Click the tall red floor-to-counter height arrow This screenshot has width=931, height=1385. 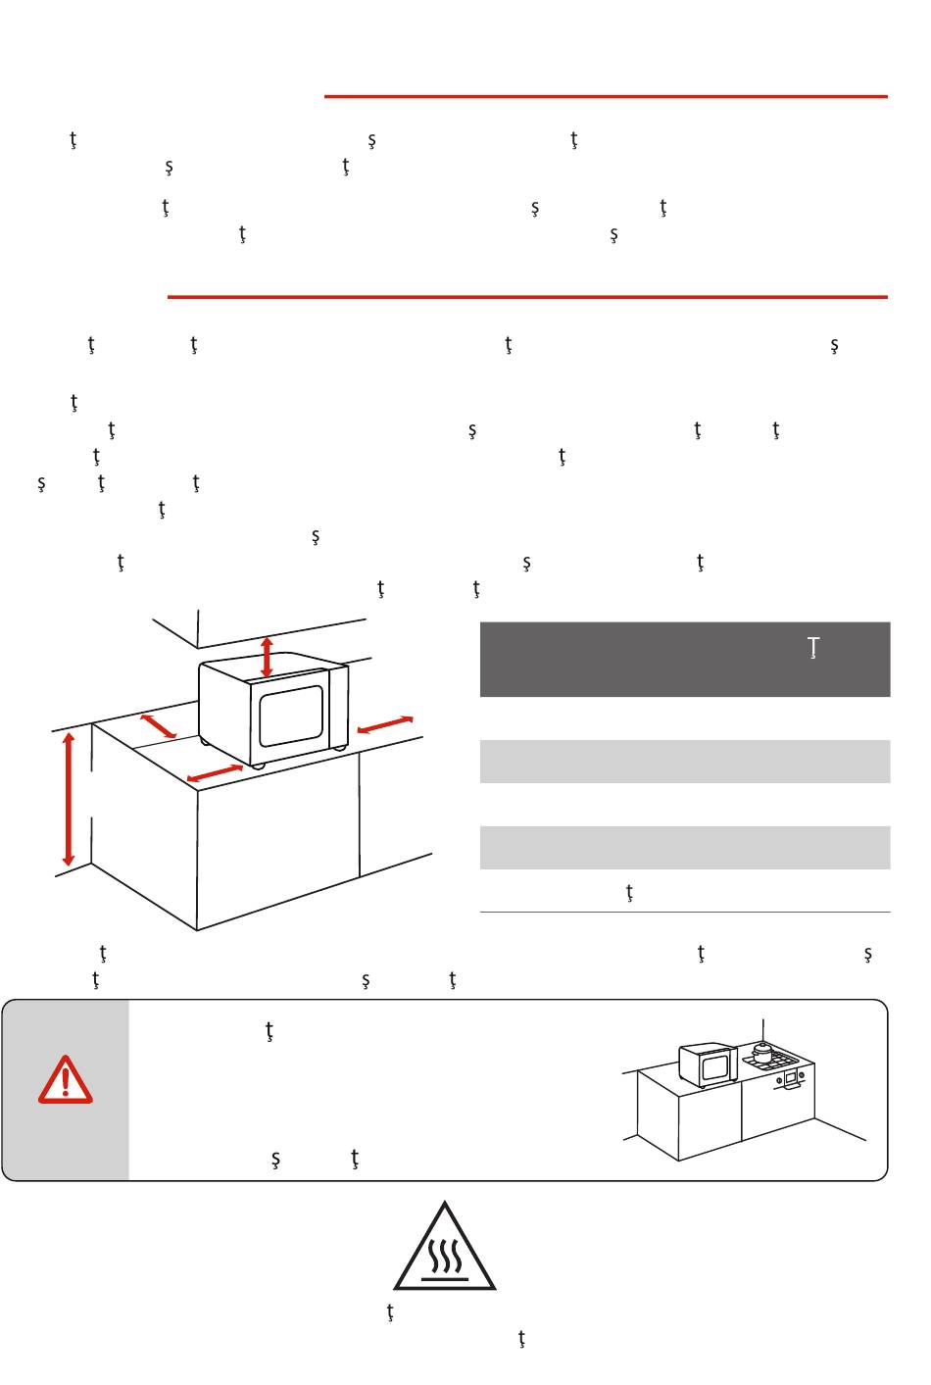(x=69, y=799)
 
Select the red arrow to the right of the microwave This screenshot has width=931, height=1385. (x=385, y=725)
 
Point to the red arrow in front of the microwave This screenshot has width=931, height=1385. (x=215, y=773)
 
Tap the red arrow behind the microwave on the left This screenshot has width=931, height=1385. (x=159, y=726)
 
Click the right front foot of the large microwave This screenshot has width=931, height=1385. (x=339, y=749)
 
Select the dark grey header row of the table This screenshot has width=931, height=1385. (x=684, y=659)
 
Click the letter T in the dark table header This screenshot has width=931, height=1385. (x=812, y=648)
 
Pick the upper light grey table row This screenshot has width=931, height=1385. (x=684, y=762)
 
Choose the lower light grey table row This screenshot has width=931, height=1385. (x=684, y=848)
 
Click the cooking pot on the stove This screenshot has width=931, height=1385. (x=762, y=1053)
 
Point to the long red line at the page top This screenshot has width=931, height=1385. (x=606, y=97)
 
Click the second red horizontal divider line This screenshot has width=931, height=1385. (x=527, y=296)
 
